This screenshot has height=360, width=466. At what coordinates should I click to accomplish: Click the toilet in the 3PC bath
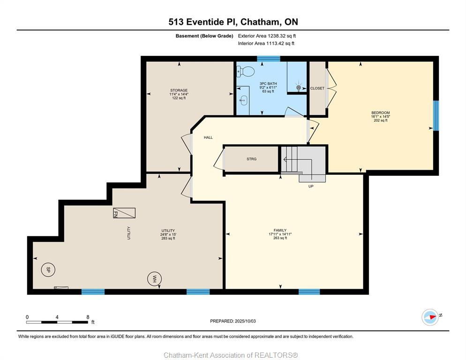246,71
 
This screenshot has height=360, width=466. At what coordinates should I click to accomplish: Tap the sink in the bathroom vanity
243,100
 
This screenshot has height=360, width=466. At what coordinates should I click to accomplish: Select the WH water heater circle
155,279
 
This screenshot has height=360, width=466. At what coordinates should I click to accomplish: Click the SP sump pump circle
48,270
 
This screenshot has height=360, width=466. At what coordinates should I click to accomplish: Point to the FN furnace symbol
124,213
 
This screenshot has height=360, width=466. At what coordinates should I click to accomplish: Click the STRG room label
251,159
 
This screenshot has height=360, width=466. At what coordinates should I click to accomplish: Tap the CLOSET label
317,88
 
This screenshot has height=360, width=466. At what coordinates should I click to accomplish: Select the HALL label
208,137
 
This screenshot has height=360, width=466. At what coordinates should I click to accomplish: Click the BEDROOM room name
380,112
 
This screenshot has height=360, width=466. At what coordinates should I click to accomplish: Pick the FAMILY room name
280,230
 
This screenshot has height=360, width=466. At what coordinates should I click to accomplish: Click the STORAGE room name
179,90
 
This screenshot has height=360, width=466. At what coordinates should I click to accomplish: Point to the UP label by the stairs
311,187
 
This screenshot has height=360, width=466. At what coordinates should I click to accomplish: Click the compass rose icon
430,317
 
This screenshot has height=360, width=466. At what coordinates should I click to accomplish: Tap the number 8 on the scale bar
88,317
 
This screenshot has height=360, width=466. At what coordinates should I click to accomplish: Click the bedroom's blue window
436,116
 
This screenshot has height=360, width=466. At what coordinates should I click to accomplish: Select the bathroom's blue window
268,59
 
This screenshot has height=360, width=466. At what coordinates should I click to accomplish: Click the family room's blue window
309,292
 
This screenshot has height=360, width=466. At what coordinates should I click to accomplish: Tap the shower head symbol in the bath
299,88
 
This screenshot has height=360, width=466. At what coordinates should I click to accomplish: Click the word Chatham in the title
260,22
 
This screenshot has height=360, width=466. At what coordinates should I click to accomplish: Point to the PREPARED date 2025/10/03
245,321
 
